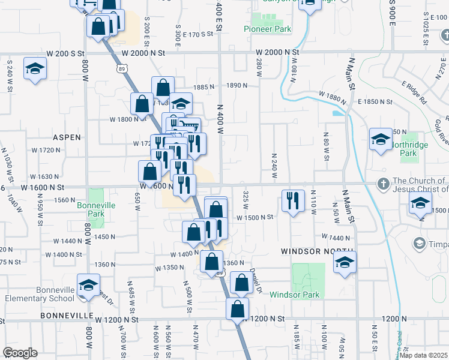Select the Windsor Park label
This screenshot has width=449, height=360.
point(295,295)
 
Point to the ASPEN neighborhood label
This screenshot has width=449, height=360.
point(67,137)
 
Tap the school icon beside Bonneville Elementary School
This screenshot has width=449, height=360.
point(88,285)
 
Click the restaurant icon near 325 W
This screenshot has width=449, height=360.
point(291,201)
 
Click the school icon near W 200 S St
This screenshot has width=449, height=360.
point(35,68)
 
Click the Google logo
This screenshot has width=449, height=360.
point(19,353)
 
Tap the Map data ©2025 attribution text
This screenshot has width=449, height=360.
point(423,355)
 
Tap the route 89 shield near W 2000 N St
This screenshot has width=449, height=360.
point(122,70)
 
